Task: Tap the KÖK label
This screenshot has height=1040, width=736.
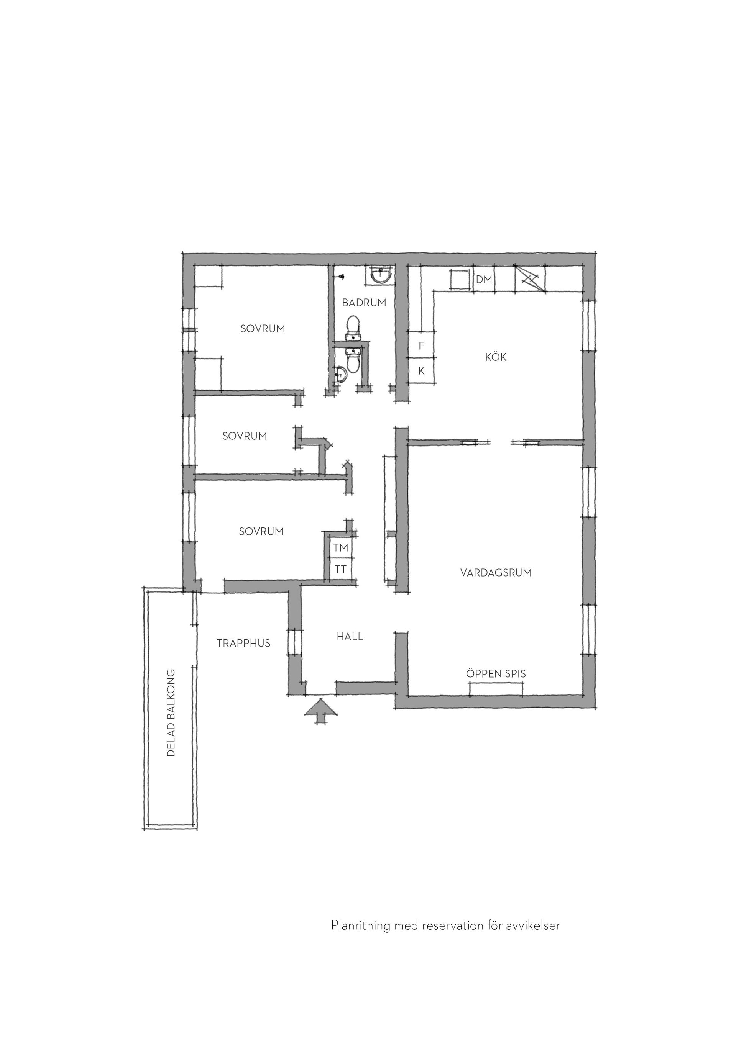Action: coord(496,357)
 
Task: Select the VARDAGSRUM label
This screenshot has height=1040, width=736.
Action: coord(496,573)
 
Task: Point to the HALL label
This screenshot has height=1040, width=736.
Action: coord(350,636)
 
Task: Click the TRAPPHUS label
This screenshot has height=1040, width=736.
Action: coord(243,643)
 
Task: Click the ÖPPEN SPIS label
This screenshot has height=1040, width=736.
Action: coord(496,673)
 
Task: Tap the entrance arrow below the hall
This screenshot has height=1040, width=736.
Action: coord(320,712)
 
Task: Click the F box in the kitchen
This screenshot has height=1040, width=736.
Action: coord(422,346)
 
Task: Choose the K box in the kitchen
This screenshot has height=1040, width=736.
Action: coord(422,371)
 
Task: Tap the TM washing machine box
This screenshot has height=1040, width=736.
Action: coord(341,548)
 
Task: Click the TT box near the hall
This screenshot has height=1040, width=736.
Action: coord(341,569)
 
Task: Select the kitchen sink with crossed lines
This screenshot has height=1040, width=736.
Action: coord(530,278)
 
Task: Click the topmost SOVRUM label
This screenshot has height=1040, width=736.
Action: coord(263,329)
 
